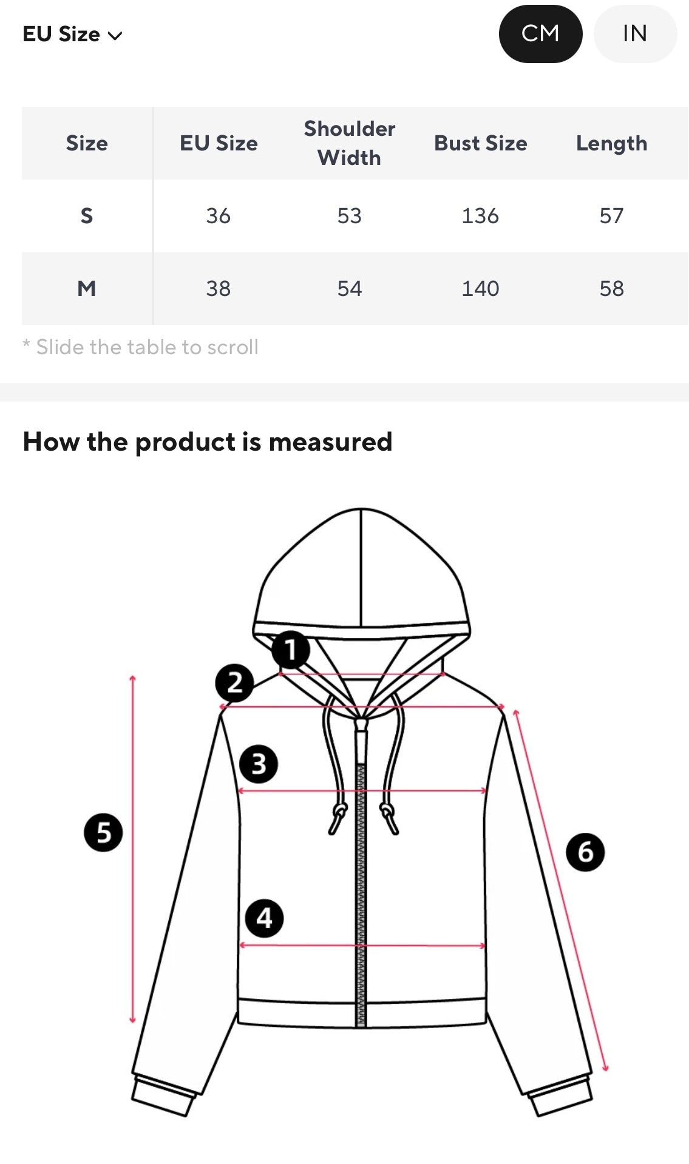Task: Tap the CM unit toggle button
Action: point(540,34)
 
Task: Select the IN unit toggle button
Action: point(635,34)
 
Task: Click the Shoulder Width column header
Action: point(350,143)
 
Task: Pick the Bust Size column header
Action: point(481,143)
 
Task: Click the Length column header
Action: point(611,144)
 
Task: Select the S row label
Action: point(87,216)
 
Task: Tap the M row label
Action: point(87,289)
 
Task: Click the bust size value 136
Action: point(480,216)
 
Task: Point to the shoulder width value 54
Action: point(350,289)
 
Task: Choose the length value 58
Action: point(611,289)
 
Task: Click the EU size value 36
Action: point(219,216)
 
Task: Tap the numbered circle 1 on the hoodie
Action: point(291,650)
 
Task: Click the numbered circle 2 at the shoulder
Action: point(234,682)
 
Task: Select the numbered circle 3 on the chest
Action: point(259,764)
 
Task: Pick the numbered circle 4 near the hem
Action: point(264,918)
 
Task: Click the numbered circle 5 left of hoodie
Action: point(103,832)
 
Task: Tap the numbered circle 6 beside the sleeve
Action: point(585,852)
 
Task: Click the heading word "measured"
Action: point(330,442)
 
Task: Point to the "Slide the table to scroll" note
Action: point(141,347)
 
